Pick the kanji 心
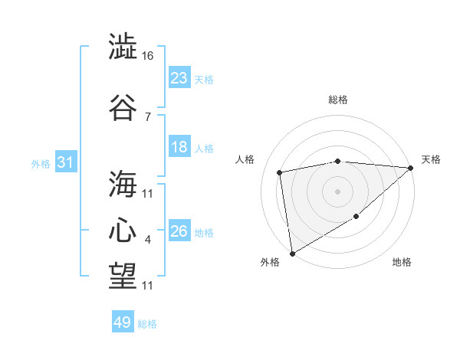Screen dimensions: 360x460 [x=123, y=231]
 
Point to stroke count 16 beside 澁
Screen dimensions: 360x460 [x=148, y=57]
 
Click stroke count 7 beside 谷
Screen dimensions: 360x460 [x=147, y=116]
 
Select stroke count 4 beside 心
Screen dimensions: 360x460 [x=147, y=241]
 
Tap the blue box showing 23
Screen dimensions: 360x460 [x=179, y=77]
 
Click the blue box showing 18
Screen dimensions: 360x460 [x=179, y=147]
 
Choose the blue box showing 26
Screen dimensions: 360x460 [x=179, y=231]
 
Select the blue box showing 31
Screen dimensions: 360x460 [x=65, y=163]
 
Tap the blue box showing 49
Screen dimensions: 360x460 [x=123, y=322]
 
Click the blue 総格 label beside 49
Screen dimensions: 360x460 [x=147, y=324]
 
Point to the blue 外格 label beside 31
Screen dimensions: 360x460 [x=41, y=164]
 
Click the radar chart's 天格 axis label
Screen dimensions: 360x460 [x=431, y=159]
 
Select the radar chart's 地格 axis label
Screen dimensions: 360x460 [x=402, y=263]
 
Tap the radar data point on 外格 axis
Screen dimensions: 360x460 [x=292, y=253]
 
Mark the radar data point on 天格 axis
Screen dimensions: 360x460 [x=412, y=169]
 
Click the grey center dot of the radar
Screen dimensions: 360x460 [x=337, y=191]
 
